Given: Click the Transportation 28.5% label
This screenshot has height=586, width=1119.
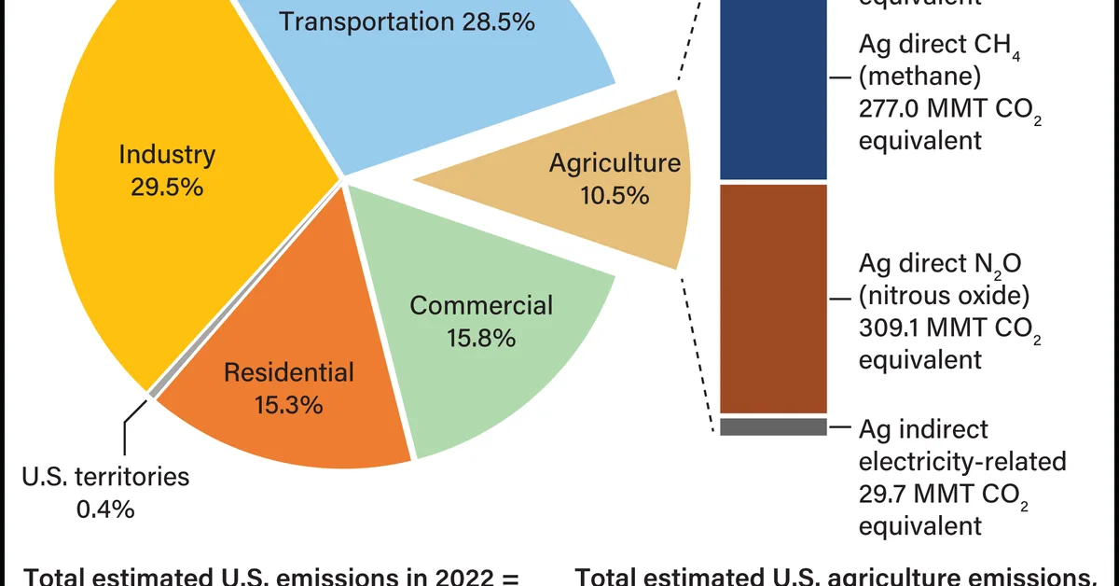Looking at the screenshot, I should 408,21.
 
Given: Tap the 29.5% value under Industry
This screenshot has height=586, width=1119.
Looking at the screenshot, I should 167,187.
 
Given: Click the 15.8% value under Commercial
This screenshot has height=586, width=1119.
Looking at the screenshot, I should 481,337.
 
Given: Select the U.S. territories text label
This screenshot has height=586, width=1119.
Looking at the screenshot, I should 105,477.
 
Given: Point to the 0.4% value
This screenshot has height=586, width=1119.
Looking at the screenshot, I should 104,509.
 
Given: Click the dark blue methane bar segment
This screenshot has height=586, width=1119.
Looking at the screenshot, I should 773,93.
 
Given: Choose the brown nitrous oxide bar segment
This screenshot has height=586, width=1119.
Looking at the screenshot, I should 773,299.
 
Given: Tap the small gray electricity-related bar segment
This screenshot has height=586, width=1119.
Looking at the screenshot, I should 773,426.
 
